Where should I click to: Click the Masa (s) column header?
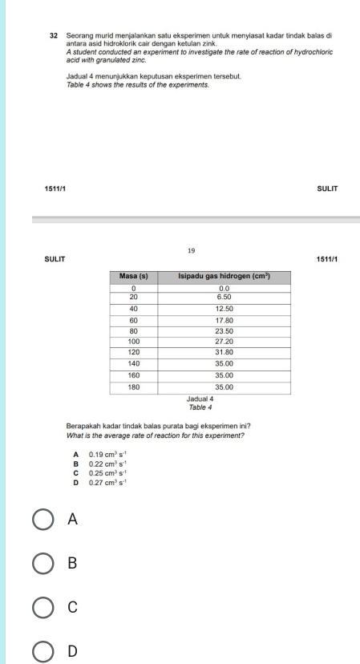pyautogui.click(x=134, y=276)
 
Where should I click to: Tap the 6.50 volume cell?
pyautogui.click(x=224, y=296)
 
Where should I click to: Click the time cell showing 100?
pyautogui.click(x=134, y=341)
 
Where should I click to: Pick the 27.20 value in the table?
pyautogui.click(x=224, y=341)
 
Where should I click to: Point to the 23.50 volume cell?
pyautogui.click(x=224, y=330)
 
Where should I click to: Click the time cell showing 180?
pyautogui.click(x=134, y=387)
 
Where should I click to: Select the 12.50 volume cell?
pyautogui.click(x=224, y=308)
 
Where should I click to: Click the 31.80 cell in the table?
pyautogui.click(x=224, y=352)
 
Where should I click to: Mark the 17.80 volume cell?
pyautogui.click(x=224, y=319)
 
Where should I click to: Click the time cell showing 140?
pyautogui.click(x=134, y=363)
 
